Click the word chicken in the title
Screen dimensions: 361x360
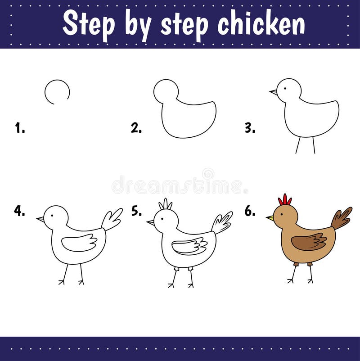(x=261, y=23)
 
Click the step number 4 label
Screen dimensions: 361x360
(x=19, y=211)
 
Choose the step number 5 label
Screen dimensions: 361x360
(x=136, y=211)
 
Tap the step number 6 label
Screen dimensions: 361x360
(x=250, y=211)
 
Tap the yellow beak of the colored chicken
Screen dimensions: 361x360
(x=270, y=218)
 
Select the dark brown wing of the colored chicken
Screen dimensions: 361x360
(x=309, y=242)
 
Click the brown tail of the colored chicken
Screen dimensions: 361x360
(x=342, y=218)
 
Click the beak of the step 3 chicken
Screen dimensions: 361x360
(x=273, y=92)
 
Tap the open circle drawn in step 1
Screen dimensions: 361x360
(x=57, y=92)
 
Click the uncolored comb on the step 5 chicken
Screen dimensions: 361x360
(x=166, y=204)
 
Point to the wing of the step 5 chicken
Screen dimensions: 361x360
(x=189, y=246)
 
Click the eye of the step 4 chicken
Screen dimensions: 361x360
(x=52, y=215)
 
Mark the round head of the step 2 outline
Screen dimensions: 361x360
(x=166, y=91)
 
